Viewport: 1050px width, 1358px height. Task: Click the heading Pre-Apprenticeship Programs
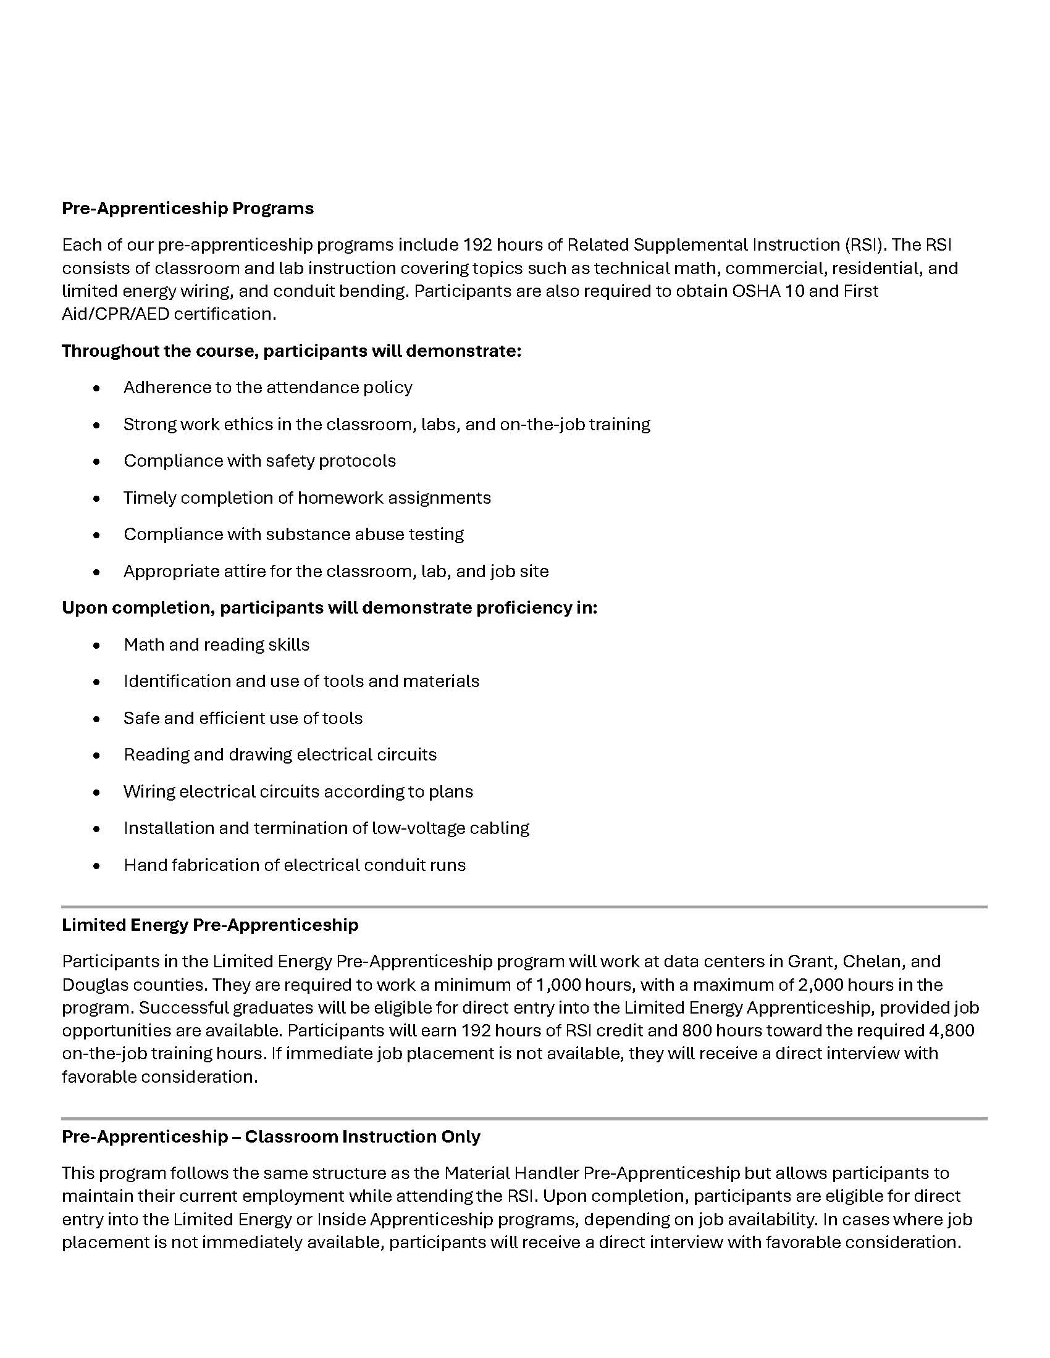pos(187,208)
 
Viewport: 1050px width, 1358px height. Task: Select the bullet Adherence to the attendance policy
pos(267,388)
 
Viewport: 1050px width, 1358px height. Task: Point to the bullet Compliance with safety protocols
pos(259,460)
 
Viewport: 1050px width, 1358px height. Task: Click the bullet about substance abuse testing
pos(293,534)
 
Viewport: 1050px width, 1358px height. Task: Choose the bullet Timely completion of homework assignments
pos(307,498)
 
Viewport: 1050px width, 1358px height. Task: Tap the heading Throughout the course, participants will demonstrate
pos(291,351)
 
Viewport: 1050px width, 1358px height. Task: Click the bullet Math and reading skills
pos(216,645)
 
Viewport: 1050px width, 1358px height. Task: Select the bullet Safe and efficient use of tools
pos(243,718)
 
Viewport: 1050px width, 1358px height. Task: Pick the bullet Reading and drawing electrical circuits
pos(280,755)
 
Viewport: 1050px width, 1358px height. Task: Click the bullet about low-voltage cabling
pos(326,828)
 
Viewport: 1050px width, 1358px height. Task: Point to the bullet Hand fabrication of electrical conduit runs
pos(294,865)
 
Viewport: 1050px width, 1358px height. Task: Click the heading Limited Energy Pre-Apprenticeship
pos(209,925)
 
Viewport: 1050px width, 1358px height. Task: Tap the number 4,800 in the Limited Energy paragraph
pos(951,1030)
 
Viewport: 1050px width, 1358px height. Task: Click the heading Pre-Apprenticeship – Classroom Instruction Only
pos(271,1136)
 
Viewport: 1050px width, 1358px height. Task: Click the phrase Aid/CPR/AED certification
pos(168,314)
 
